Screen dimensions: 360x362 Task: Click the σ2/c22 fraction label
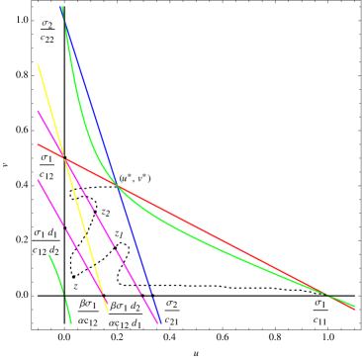point(47,32)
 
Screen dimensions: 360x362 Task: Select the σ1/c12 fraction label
point(46,166)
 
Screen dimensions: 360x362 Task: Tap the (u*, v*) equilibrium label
point(135,179)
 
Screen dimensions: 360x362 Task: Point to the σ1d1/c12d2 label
point(46,241)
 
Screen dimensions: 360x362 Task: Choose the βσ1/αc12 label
point(88,311)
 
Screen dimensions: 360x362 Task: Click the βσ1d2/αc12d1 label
point(126,311)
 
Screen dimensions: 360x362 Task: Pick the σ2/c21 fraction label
point(171,311)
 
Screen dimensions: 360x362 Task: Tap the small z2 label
point(106,213)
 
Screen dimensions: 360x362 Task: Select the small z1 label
point(120,234)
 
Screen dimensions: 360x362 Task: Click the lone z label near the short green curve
point(75,286)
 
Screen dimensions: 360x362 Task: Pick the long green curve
point(247,257)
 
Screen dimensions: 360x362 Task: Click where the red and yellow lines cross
point(62,155)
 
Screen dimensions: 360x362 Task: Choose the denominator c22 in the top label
point(47,39)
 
